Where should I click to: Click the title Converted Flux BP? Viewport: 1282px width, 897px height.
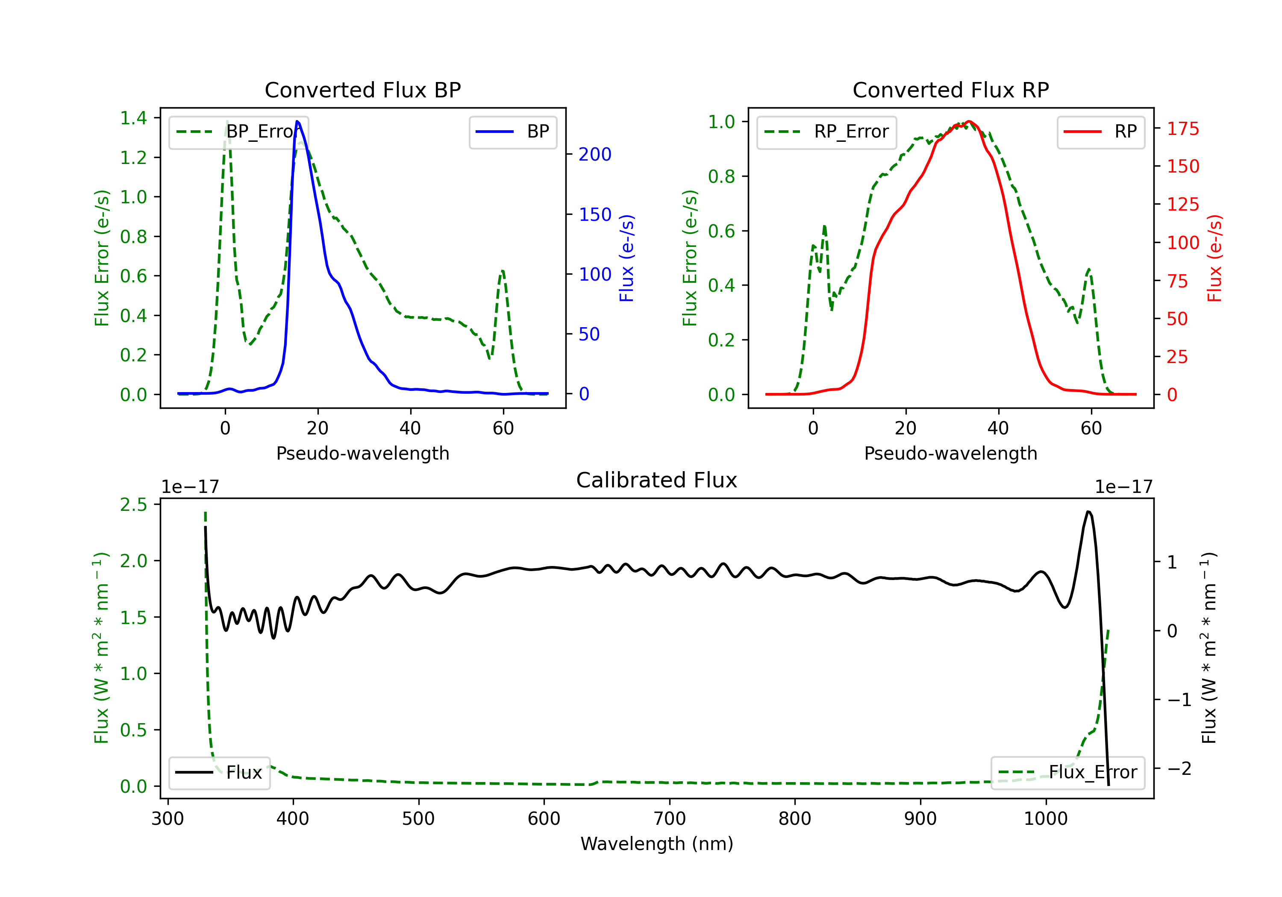point(362,90)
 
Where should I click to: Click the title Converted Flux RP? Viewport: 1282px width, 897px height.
point(950,90)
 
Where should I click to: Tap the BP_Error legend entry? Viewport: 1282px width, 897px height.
point(238,132)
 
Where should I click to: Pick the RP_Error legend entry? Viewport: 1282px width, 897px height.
point(826,132)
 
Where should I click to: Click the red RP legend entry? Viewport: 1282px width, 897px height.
point(1100,132)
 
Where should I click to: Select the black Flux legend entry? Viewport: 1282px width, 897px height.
point(220,773)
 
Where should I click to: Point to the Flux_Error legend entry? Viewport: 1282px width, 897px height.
point(1067,773)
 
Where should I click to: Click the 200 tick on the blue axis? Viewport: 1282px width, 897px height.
point(595,154)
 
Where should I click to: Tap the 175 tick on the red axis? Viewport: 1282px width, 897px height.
point(1182,129)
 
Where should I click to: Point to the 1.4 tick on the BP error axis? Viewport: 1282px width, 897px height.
point(133,118)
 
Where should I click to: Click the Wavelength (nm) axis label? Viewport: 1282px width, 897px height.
point(657,844)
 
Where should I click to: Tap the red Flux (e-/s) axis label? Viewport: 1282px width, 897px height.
point(1214,258)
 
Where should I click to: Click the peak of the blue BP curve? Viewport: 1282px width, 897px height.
point(297,121)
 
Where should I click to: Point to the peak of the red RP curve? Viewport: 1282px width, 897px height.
point(969,121)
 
